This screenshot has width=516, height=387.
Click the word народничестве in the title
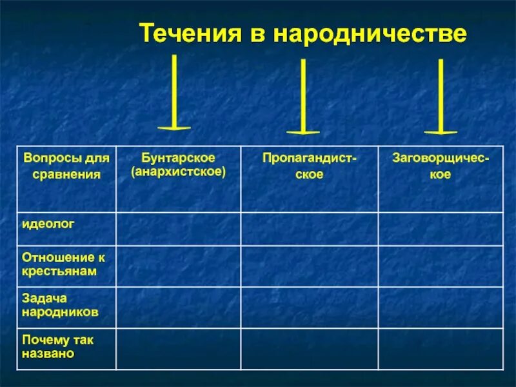pos(370,34)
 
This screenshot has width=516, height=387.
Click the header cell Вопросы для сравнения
pos(66,166)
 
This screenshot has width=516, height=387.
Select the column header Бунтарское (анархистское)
pos(178,165)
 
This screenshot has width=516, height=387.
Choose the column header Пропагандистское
pos(310,166)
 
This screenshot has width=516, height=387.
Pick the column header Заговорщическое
pos(441,166)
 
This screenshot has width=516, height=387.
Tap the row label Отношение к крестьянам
pos(63,264)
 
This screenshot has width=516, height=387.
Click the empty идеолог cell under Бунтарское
pos(178,228)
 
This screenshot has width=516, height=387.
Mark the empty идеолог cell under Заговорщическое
pos(441,228)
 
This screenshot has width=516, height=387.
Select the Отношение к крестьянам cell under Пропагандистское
pos(310,266)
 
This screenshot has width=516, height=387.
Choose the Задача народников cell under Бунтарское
pos(178,307)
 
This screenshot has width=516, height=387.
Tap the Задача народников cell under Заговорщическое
pos(441,307)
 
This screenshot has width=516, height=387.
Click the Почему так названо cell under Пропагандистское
pos(310,348)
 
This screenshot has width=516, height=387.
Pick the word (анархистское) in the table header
pos(178,172)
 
